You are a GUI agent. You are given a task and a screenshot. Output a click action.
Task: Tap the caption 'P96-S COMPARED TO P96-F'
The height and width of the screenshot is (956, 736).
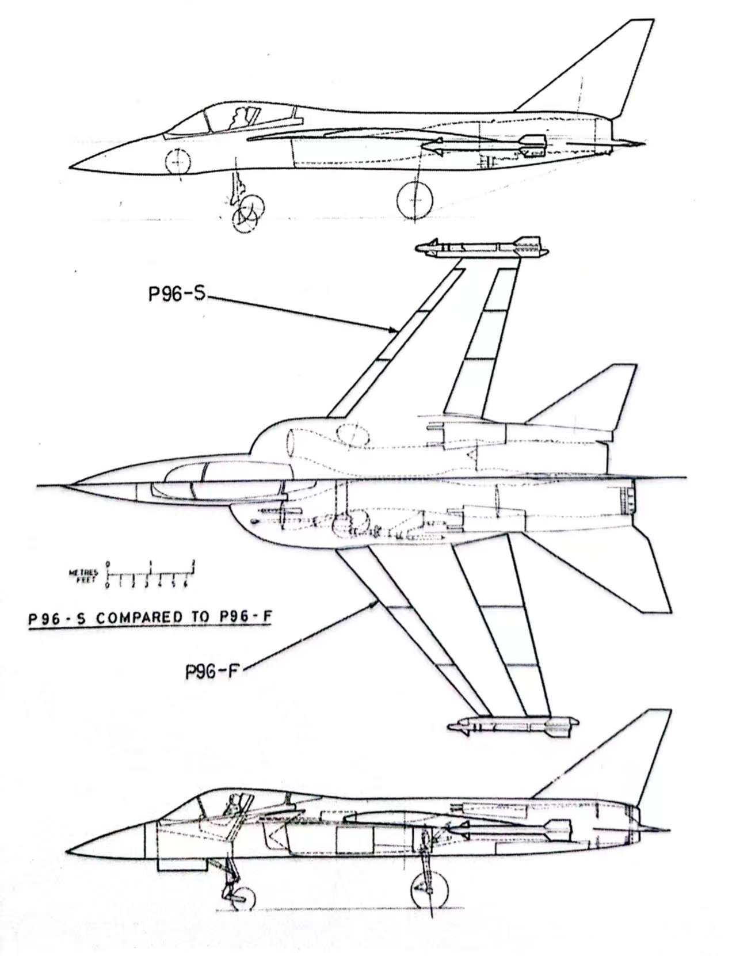coord(150,619)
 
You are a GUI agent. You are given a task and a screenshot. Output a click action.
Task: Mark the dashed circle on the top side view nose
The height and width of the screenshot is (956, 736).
coord(177,161)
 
